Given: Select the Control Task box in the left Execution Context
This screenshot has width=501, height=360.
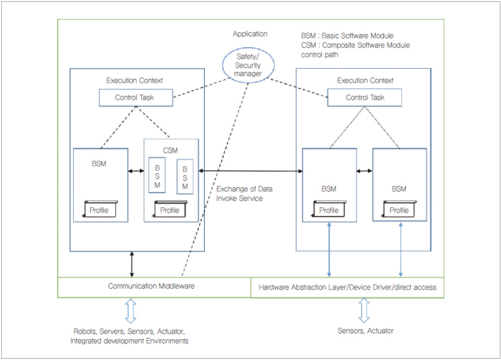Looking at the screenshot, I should [135, 98].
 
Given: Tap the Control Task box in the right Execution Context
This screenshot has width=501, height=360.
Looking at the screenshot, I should [365, 98].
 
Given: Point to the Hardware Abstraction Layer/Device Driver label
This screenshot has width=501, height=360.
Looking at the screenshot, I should [347, 287].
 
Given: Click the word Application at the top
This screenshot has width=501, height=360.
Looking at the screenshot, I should [250, 34].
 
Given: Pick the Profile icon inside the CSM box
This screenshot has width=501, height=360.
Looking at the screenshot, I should [170, 210].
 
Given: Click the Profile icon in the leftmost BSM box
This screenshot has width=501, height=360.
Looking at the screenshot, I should [99, 210].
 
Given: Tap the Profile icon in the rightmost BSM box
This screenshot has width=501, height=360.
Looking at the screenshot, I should [398, 210].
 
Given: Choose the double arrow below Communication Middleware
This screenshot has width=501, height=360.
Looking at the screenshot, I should [130, 310].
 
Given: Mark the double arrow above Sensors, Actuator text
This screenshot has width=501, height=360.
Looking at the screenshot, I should [364, 310].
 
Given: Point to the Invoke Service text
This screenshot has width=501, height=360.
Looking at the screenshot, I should [239, 198].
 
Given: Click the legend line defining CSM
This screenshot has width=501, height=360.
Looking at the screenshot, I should [355, 45].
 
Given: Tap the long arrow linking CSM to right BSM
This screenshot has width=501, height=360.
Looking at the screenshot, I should [250, 170].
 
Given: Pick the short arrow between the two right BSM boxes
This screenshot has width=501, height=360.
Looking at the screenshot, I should [364, 170].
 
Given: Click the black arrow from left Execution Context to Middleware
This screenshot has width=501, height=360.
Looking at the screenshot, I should [131, 264].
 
